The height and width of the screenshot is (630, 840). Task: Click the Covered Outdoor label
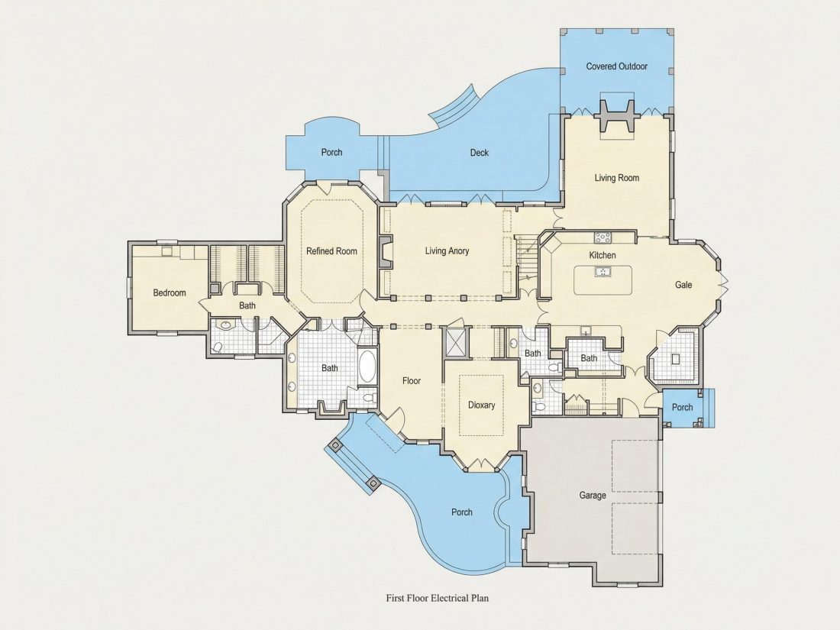(x=616, y=66)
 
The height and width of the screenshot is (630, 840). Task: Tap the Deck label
(x=480, y=153)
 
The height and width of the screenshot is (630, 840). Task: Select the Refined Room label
(x=331, y=250)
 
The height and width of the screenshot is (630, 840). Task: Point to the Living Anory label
(x=447, y=250)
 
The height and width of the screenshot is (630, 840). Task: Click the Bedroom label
(x=170, y=292)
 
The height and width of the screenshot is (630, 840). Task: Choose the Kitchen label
(x=603, y=255)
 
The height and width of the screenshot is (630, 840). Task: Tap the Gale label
(x=683, y=285)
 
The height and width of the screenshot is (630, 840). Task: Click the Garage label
(x=593, y=496)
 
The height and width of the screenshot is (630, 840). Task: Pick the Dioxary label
(x=482, y=405)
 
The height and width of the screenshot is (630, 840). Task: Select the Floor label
(x=412, y=381)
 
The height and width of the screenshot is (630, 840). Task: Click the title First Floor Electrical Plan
(x=437, y=598)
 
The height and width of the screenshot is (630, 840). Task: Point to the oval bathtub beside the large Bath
(x=367, y=366)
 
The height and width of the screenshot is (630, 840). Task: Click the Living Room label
(x=616, y=178)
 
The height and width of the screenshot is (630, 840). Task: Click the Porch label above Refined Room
(x=331, y=153)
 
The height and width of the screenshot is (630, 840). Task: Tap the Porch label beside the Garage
(x=683, y=408)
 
